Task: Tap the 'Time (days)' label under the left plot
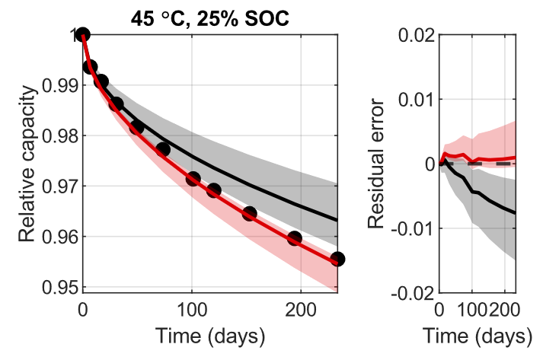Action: (x=210, y=335)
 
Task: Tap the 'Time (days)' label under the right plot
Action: (x=477, y=335)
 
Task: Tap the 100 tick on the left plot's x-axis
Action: (x=191, y=309)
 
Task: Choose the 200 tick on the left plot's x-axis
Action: (x=300, y=309)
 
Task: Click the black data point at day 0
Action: (x=82, y=34)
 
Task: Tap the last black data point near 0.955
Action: (x=337, y=259)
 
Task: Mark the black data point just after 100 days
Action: (x=193, y=179)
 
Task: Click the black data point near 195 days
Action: (x=295, y=238)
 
